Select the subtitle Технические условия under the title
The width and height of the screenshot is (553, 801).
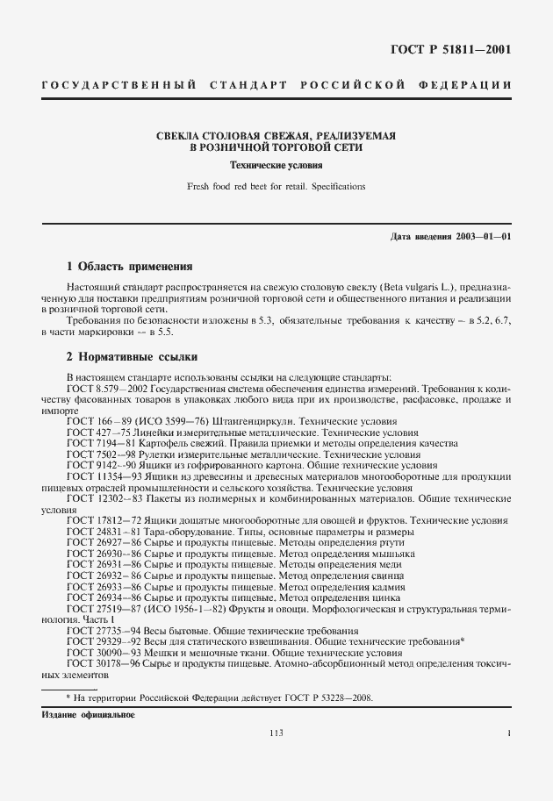(276, 165)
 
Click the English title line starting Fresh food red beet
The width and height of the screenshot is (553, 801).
(276, 186)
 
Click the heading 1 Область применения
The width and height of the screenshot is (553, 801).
(130, 266)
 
